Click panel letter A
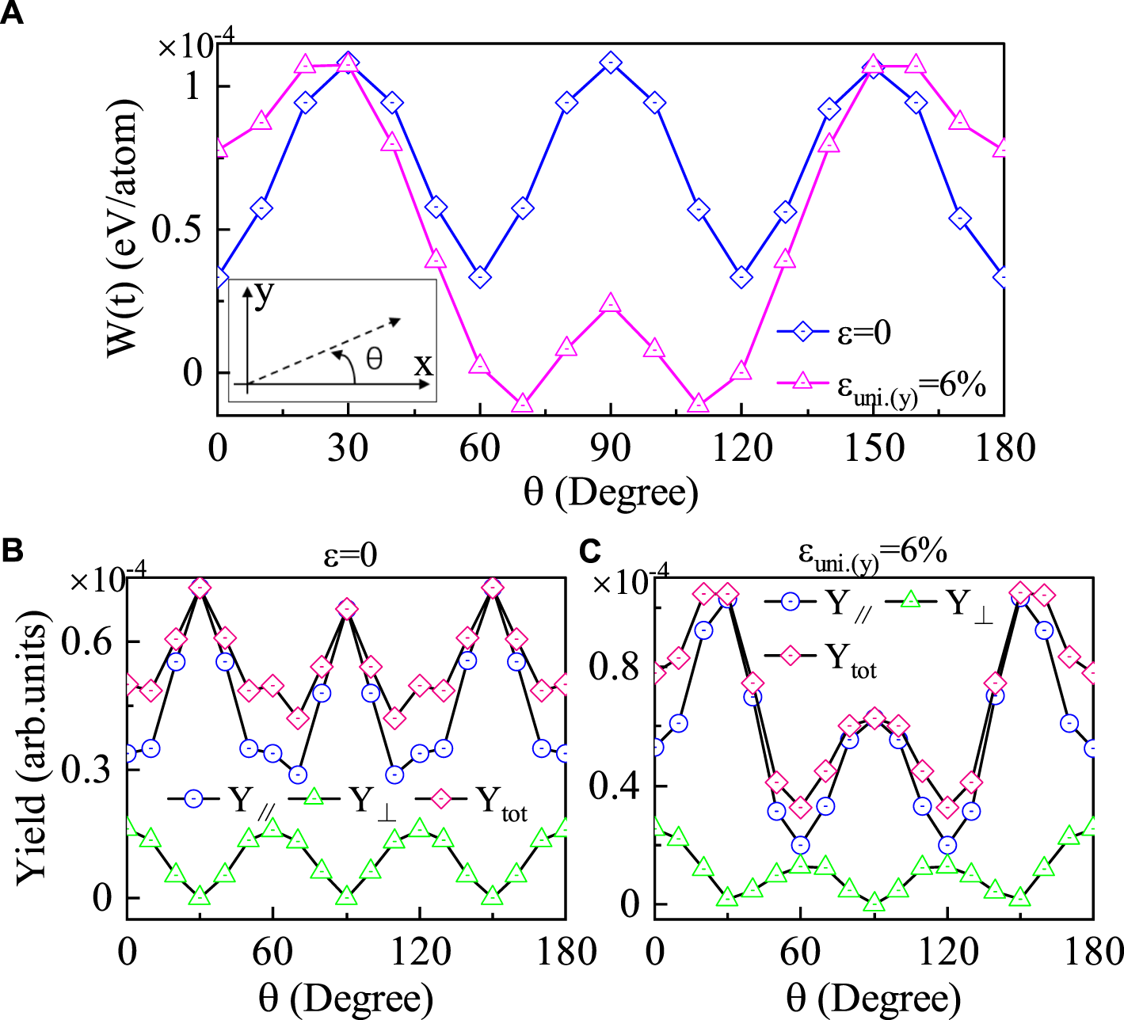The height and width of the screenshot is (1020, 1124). point(11,13)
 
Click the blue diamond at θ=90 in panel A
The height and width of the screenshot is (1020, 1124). point(610,63)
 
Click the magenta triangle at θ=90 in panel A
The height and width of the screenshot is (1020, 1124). point(610,304)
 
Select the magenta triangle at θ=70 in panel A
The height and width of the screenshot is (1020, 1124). point(522,403)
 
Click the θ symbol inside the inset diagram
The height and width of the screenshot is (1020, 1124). point(374,360)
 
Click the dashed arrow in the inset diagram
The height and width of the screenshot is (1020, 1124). point(333,348)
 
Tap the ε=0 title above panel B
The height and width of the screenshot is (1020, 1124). point(350,555)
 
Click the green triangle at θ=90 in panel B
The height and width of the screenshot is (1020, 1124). point(346,896)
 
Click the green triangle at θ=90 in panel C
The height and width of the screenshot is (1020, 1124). point(874,902)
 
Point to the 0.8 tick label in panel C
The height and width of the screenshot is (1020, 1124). point(614,667)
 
